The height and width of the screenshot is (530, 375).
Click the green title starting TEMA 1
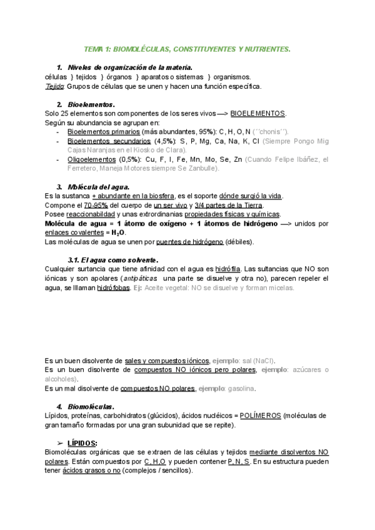(x=187, y=48)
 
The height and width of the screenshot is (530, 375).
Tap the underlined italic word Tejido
(x=55, y=86)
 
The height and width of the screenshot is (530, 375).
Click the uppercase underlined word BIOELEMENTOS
(x=257, y=113)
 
